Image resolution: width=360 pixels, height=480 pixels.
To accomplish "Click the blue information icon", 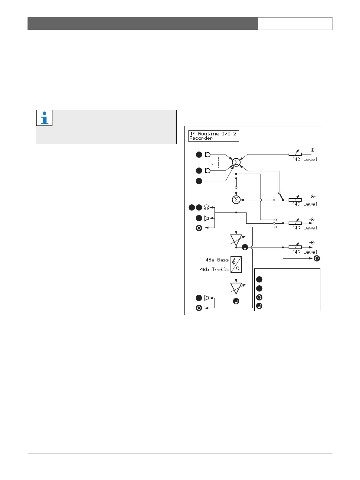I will [44, 118].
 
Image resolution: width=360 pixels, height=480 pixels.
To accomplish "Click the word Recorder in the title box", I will [201, 138].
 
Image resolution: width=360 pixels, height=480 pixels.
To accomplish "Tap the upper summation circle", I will [236, 162].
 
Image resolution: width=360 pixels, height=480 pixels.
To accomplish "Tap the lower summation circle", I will [236, 199].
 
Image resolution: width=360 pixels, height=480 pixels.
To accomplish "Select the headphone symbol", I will [207, 207].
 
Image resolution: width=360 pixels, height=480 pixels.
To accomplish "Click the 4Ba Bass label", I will [217, 260].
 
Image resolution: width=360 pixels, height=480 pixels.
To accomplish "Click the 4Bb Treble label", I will [214, 269].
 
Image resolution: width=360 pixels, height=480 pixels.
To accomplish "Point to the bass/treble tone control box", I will [236, 264].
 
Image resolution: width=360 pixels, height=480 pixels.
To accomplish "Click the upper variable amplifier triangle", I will [236, 239].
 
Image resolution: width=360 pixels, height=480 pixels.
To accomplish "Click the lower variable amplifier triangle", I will [236, 288].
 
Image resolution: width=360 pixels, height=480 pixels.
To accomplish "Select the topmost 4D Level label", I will [306, 159].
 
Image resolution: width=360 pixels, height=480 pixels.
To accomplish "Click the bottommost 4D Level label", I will [306, 252].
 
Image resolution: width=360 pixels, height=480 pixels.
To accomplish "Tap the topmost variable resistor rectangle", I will [295, 154].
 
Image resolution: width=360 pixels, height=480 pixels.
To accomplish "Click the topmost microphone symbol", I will [208, 155].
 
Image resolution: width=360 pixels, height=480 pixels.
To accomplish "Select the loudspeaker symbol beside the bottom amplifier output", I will [207, 298].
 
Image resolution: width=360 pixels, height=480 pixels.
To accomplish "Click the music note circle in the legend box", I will [259, 306].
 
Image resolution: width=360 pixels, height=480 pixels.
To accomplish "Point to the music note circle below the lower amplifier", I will [236, 301].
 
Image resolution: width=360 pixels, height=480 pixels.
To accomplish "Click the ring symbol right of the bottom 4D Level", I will [317, 258].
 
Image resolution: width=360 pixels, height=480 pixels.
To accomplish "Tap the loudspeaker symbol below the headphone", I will [207, 218].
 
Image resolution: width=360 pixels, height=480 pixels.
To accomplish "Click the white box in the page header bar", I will [295, 24].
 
